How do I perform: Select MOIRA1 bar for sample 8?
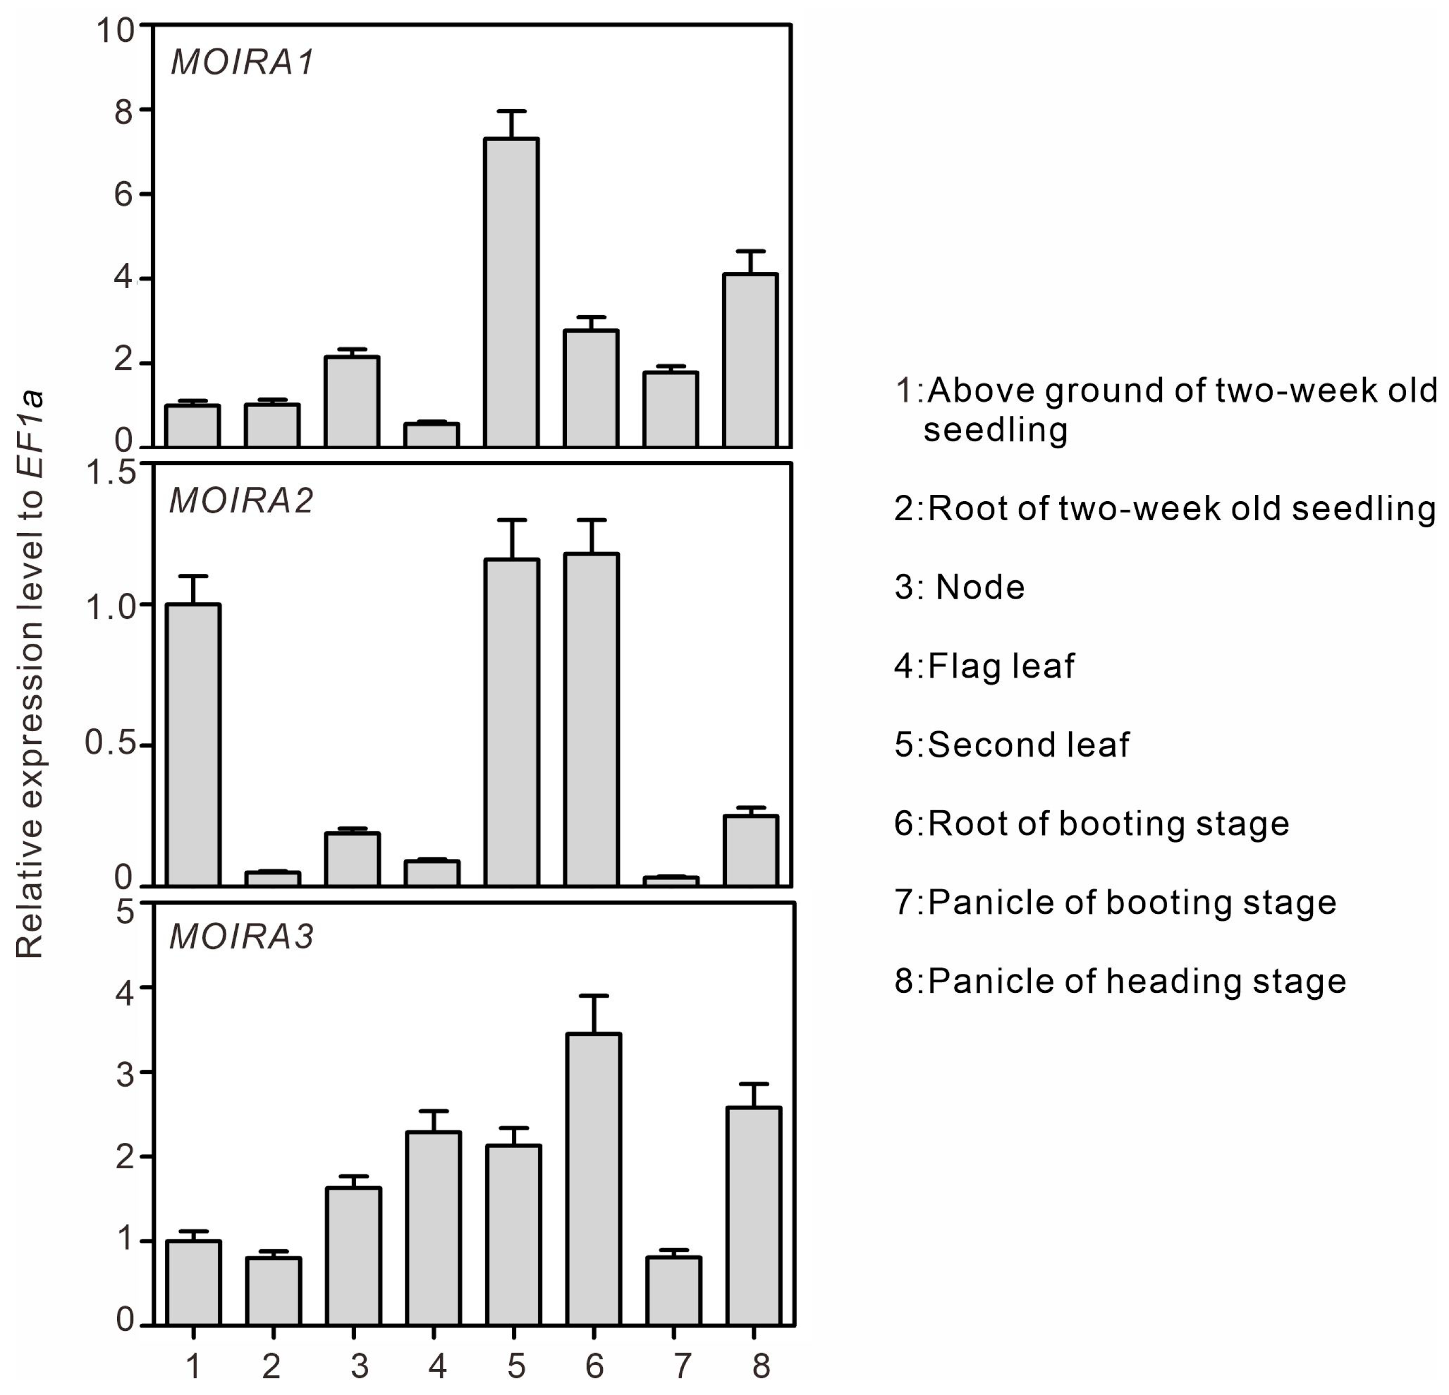coord(750,360)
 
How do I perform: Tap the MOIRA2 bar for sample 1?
coord(193,744)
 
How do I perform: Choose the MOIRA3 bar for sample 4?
coord(433,1228)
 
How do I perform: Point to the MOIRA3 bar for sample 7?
coord(673,1290)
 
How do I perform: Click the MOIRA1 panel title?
coord(243,62)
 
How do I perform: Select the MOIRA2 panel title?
coord(242,501)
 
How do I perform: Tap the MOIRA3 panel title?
coord(242,936)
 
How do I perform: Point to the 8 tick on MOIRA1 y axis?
coord(124,111)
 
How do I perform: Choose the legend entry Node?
coord(959,588)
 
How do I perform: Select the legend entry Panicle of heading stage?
coord(1120,981)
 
